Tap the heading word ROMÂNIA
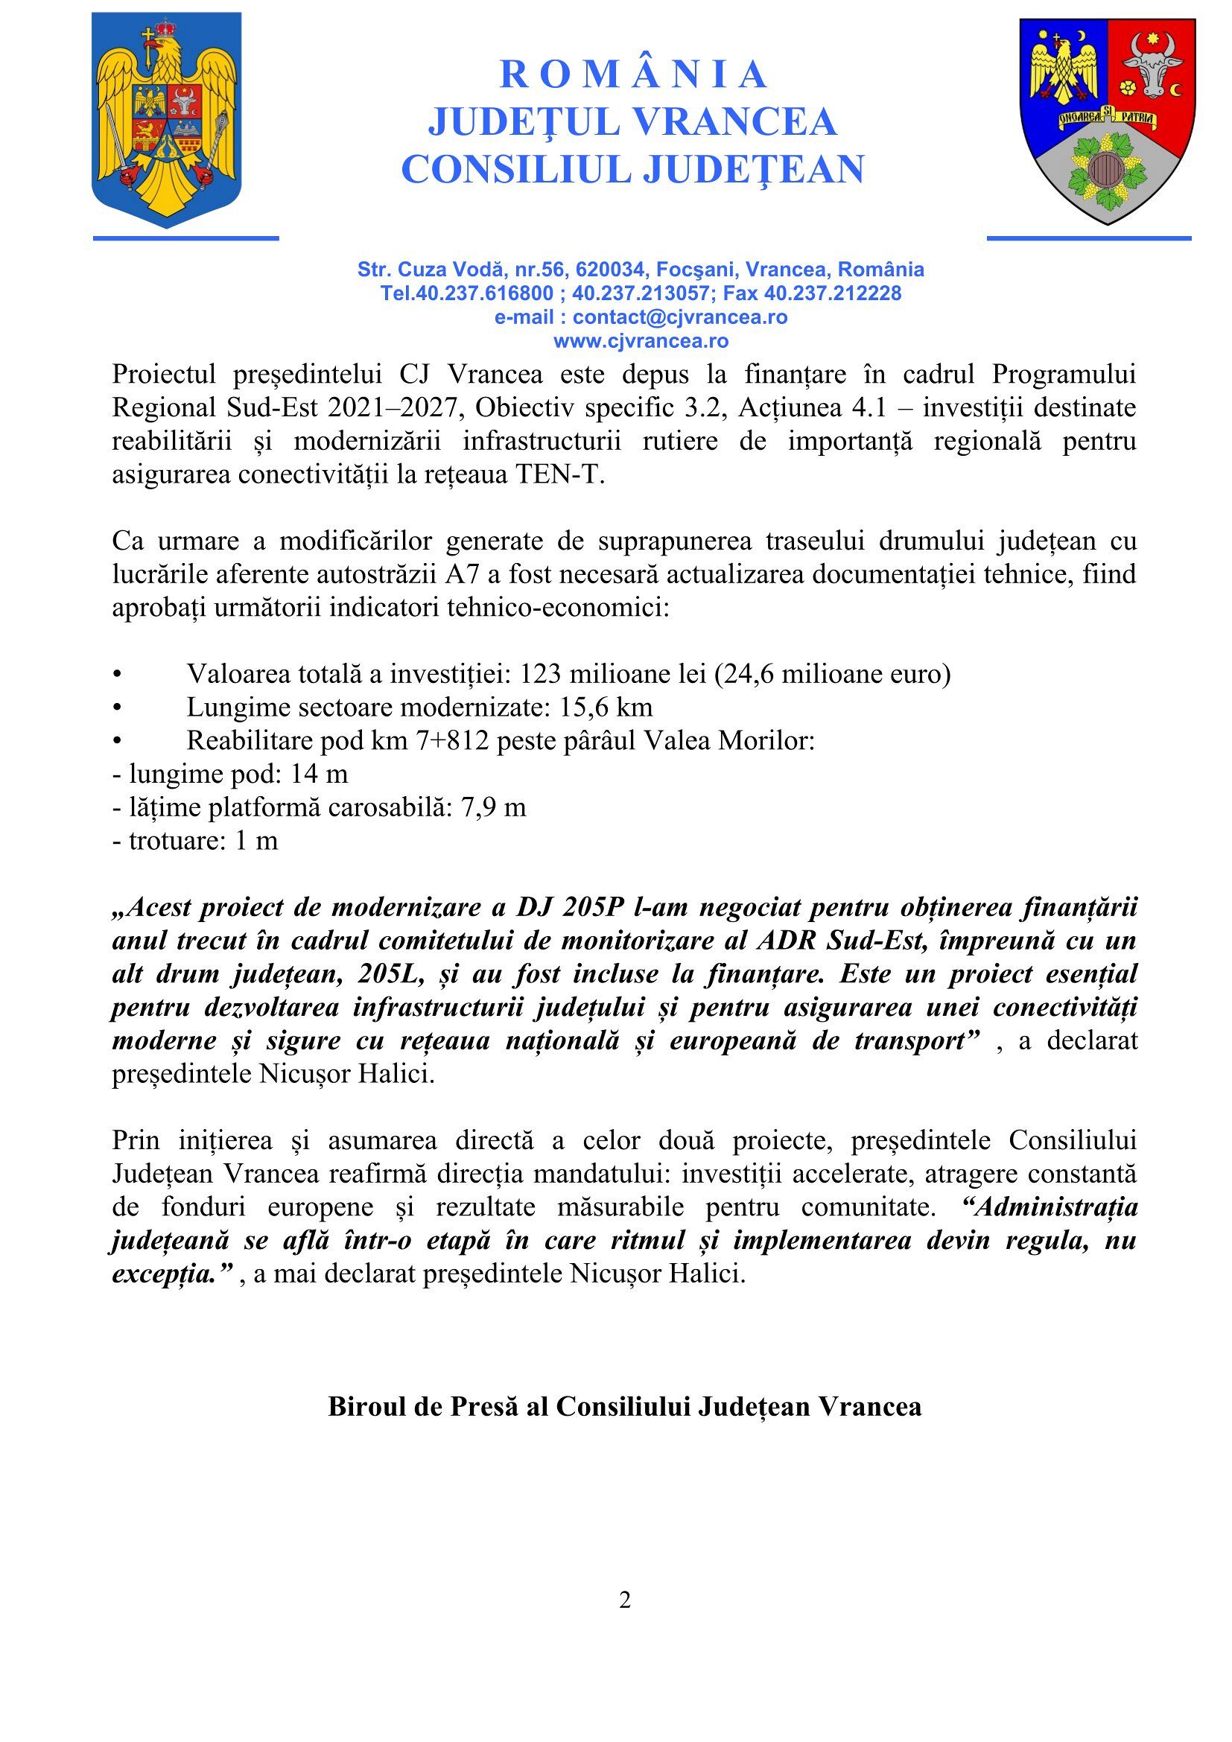pos(633,74)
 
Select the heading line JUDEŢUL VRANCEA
pos(632,121)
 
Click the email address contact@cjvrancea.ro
pos(680,317)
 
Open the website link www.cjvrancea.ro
pos(641,340)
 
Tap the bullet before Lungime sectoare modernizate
pos(117,707)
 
